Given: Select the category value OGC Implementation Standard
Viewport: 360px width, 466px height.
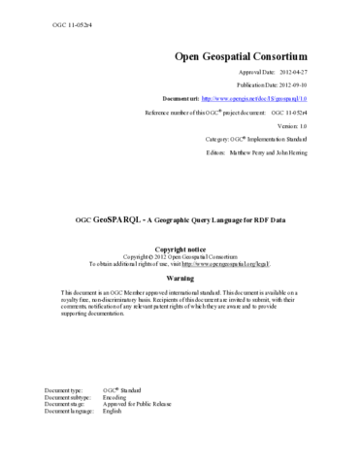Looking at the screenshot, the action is [281, 140].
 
